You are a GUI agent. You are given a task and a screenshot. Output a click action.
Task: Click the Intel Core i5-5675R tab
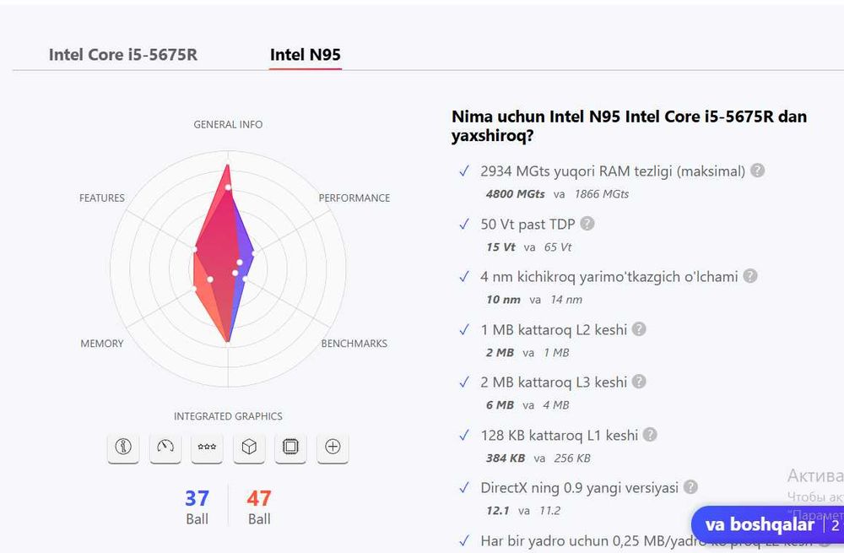tap(123, 55)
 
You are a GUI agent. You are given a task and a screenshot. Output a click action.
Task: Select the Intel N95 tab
tap(305, 55)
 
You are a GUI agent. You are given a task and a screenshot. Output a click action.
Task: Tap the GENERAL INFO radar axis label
tap(228, 124)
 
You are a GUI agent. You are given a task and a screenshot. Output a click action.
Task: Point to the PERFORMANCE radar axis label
tap(354, 198)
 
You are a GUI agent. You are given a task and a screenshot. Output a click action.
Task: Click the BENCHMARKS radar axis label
tap(354, 344)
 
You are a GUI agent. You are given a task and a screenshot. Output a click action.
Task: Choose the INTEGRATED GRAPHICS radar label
tap(228, 416)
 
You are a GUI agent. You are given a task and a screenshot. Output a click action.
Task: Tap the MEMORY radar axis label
tap(102, 344)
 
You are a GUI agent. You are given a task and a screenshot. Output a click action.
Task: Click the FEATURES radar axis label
tap(102, 198)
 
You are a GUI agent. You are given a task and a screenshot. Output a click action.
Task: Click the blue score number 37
tap(197, 498)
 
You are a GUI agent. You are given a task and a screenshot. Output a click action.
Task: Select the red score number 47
tap(259, 498)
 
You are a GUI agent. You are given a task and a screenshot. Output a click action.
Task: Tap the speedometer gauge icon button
tap(165, 447)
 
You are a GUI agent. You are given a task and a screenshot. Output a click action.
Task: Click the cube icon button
tap(249, 447)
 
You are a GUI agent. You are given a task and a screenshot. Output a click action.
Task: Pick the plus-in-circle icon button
tap(333, 447)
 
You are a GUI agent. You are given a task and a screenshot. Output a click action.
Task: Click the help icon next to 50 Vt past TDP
tap(587, 224)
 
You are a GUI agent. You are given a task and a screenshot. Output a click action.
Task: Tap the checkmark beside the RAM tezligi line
tap(463, 171)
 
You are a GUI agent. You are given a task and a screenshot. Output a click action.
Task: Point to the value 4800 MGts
tap(515, 194)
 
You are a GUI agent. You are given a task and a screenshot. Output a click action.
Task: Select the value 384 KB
tap(506, 458)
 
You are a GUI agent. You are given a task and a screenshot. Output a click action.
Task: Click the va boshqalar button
tap(760, 524)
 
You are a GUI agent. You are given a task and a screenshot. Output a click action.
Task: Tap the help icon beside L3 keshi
tap(640, 382)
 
